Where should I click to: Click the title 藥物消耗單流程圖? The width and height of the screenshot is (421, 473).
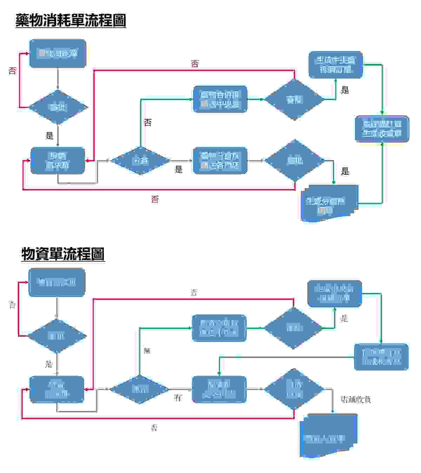click(71, 20)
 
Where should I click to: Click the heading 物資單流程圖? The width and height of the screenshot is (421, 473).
click(63, 254)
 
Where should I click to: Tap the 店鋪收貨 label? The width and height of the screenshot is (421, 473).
click(356, 399)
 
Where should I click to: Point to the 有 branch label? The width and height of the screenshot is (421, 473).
click(178, 398)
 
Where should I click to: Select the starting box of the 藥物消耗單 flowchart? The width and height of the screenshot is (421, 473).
click(58, 53)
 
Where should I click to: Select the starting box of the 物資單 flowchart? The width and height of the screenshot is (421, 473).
click(57, 282)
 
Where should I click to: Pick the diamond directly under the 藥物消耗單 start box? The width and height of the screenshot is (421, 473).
click(58, 107)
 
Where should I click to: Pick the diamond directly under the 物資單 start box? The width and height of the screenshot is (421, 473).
click(57, 336)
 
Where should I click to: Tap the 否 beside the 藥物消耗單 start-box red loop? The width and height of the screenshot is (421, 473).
click(12, 71)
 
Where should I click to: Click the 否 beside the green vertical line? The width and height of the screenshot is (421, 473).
click(148, 123)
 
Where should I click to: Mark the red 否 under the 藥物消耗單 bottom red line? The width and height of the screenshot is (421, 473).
click(155, 199)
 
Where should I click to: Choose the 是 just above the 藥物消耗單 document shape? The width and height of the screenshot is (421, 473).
click(345, 171)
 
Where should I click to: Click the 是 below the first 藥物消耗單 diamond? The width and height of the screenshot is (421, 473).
click(49, 135)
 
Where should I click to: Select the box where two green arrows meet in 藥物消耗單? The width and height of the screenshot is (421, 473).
click(382, 129)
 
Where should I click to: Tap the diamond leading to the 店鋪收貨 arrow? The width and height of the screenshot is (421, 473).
click(294, 389)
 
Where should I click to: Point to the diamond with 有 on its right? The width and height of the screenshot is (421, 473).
click(140, 389)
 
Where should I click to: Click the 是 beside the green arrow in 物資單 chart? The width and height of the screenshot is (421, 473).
click(344, 319)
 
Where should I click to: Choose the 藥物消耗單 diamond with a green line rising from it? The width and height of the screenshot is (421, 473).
click(140, 161)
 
